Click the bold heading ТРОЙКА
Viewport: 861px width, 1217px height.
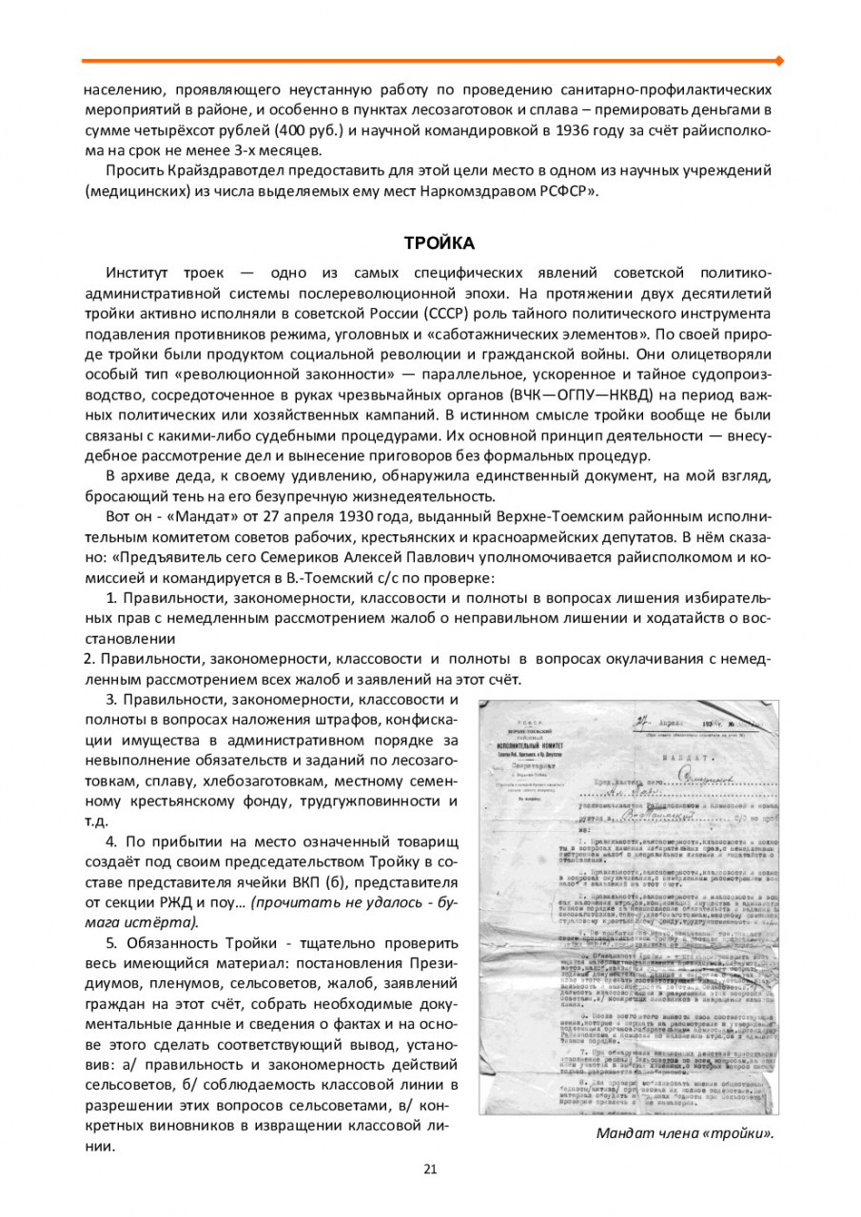[433, 243]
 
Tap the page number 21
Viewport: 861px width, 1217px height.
[430, 1169]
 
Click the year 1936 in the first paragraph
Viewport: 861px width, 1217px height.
[577, 130]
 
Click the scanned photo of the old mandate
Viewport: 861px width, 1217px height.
[628, 907]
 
